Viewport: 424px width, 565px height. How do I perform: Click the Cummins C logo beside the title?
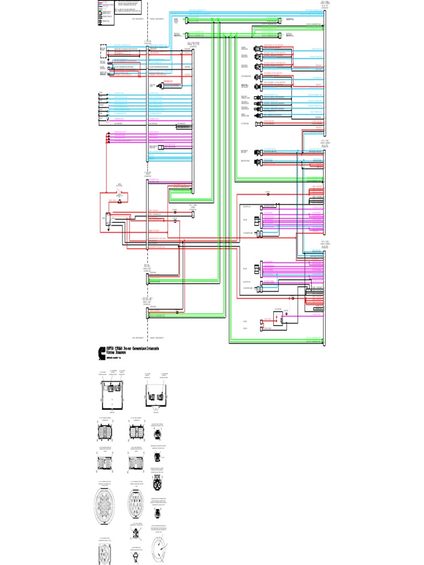pos(102,353)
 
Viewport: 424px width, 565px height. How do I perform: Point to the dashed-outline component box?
pos(103,51)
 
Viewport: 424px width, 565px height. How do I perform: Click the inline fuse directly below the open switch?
pos(119,202)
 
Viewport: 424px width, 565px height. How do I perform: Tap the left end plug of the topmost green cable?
pos(187,20)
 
